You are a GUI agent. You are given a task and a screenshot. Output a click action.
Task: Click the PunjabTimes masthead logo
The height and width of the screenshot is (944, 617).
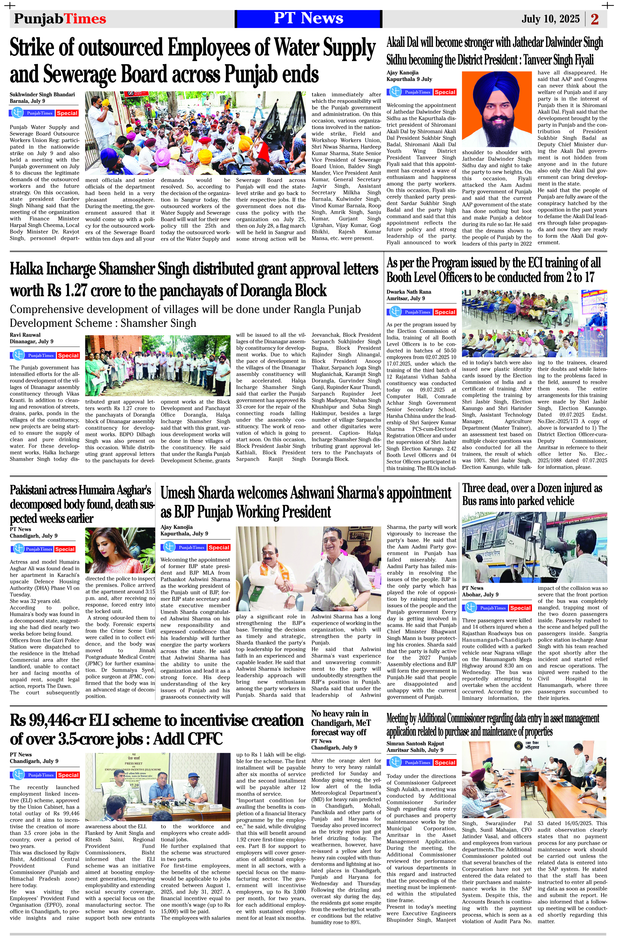point(60,19)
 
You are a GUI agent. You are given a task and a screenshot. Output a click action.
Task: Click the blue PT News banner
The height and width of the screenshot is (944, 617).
point(308,18)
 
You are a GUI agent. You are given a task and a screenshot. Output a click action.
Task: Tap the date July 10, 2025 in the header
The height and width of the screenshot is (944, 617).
point(550,19)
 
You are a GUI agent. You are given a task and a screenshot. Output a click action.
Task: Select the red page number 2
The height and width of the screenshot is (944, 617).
point(594,19)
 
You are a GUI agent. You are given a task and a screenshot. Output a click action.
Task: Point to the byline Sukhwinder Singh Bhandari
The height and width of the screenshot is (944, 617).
point(42,94)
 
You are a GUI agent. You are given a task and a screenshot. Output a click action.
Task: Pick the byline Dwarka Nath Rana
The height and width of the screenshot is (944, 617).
point(409,292)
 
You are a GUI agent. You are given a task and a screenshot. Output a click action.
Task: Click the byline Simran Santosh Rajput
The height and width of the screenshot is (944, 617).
point(415,743)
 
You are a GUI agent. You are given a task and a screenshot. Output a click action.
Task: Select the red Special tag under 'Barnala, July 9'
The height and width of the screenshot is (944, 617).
point(67,113)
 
